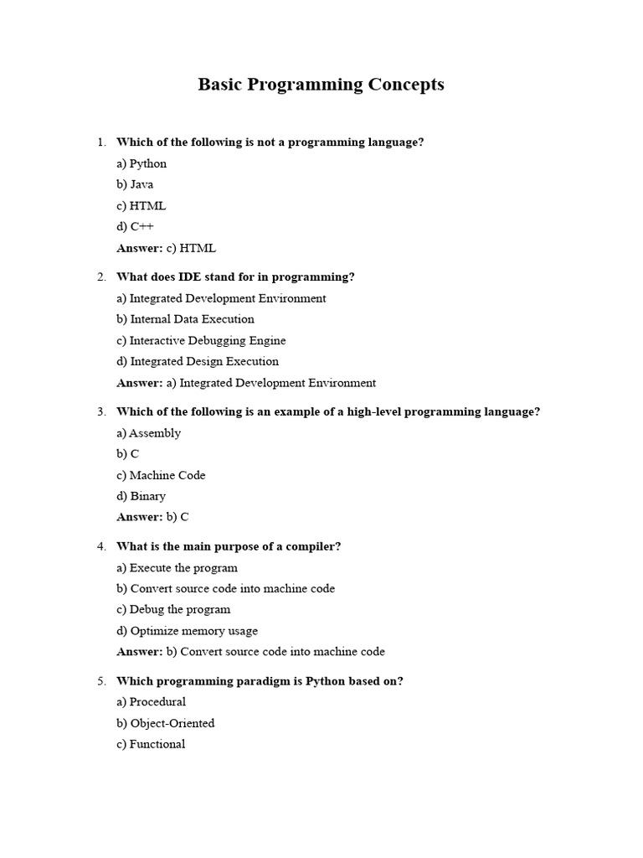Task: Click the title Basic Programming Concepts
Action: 321,85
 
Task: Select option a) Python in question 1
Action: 141,163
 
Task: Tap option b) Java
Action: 135,184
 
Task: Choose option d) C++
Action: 136,226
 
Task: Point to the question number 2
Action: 101,277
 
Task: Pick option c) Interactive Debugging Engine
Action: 201,341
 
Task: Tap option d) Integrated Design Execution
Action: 198,362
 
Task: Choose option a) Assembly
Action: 148,433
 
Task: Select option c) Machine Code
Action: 161,475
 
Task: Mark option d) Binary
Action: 141,496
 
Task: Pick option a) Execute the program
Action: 177,568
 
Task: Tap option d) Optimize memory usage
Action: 187,631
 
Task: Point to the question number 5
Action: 101,681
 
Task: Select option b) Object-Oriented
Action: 165,723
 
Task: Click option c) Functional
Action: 151,744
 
